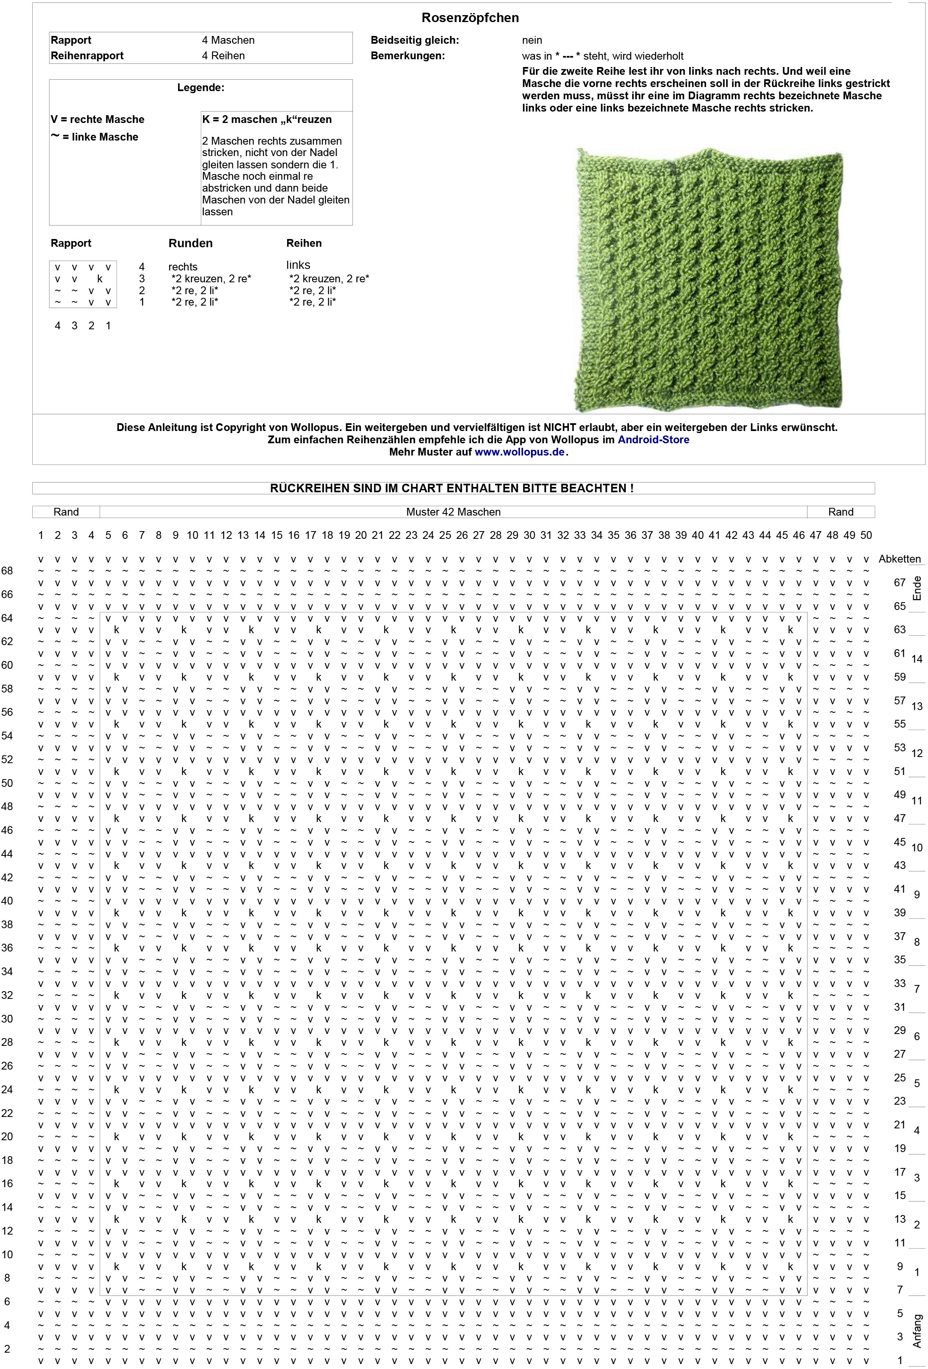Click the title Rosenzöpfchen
tap(470, 18)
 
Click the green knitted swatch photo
tap(708, 280)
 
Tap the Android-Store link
tap(653, 440)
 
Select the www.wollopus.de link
tap(520, 452)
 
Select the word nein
tap(532, 40)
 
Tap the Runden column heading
tap(190, 243)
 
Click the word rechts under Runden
tap(183, 267)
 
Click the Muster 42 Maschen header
tap(453, 512)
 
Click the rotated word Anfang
tap(917, 1331)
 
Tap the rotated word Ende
tap(917, 588)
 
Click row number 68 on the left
tap(7, 571)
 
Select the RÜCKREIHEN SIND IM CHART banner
tap(452, 488)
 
